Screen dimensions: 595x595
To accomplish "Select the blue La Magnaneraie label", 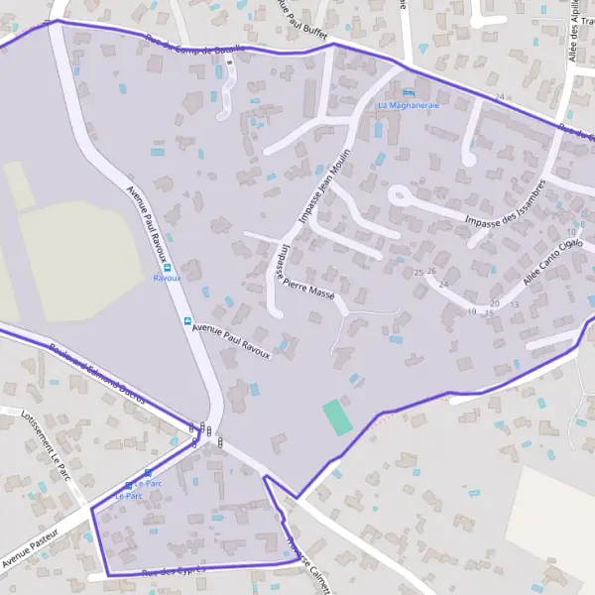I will click(409, 104).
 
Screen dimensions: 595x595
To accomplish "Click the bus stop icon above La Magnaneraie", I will click(409, 93).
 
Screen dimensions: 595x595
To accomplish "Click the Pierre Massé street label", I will click(309, 288).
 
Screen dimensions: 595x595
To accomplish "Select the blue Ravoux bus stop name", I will click(167, 279).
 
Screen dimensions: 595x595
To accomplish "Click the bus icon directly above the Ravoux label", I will click(167, 267).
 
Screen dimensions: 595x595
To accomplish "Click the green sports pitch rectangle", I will click(337, 416).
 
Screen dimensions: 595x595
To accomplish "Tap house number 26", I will click(431, 271).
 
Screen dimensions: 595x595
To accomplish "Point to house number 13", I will click(514, 304).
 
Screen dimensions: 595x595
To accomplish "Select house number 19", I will click(472, 311).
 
